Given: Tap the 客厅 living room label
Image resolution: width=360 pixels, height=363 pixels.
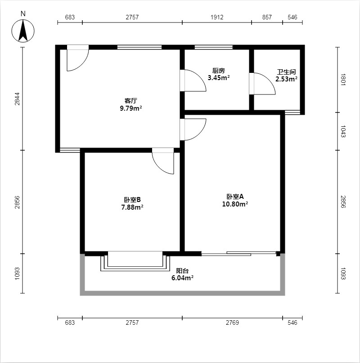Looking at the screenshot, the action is [130, 101].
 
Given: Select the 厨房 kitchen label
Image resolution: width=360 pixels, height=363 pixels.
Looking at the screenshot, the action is [218, 71].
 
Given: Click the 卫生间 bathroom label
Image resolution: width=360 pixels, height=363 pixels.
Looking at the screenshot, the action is [286, 72].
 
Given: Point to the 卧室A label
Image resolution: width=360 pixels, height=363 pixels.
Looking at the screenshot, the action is [235, 197].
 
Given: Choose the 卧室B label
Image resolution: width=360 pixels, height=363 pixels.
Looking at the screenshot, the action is [132, 200].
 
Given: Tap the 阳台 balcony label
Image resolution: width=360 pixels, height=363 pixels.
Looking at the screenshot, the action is [182, 271].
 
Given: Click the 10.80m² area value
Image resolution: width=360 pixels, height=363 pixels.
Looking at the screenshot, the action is [235, 204].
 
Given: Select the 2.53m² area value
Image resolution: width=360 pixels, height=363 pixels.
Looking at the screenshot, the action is [286, 79].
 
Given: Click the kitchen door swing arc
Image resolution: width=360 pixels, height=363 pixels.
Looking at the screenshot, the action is [200, 76].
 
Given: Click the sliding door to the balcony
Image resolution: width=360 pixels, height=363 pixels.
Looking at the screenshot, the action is [239, 254].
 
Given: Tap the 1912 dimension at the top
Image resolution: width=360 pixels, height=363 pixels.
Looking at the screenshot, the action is [217, 17].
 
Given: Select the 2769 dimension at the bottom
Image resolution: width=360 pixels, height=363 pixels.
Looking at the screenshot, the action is [232, 323].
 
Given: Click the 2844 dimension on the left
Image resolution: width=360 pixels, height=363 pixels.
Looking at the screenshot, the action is [18, 99].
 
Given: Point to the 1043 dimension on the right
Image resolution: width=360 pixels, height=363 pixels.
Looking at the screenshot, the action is [343, 131].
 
